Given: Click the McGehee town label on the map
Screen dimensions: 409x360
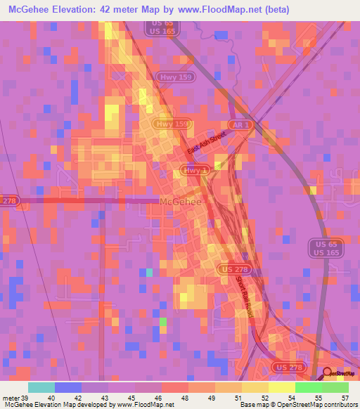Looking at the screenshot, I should (181, 202).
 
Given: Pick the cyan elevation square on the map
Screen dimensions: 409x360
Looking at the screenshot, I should (149, 272).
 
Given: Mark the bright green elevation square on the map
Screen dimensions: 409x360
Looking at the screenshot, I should (163, 322).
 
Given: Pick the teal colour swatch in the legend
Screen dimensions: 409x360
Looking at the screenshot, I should (41, 387).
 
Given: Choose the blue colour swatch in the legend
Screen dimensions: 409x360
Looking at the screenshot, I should (68, 387).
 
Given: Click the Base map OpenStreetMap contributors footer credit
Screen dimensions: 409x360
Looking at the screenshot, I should (299, 404).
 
